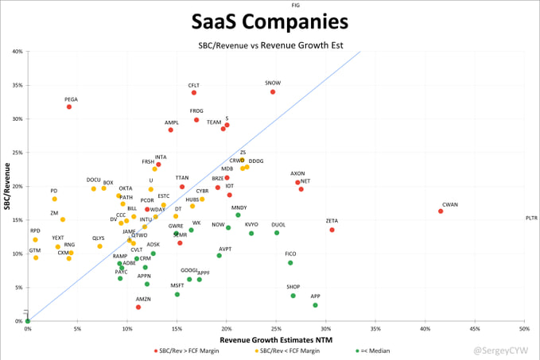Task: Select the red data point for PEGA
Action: tap(69, 106)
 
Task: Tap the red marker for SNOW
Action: tap(273, 92)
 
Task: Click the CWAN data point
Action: tap(441, 211)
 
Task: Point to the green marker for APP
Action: tap(315, 305)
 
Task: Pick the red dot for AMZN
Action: tap(138, 307)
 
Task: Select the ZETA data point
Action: tap(332, 230)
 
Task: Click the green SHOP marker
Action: tap(293, 296)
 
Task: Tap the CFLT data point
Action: tap(194, 93)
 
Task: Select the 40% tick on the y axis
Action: tap(17, 52)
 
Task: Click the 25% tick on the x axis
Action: tap(276, 328)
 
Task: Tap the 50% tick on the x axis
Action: tap(524, 328)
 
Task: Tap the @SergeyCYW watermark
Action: tap(504, 349)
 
